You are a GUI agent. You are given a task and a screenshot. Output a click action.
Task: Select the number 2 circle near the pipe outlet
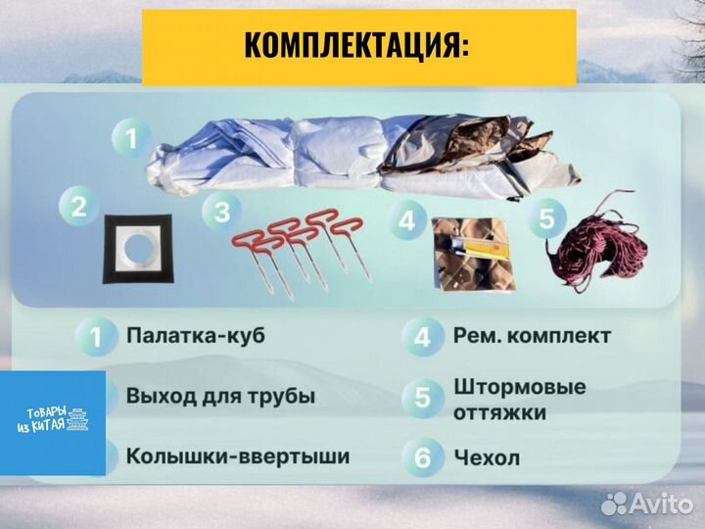tap(77, 207)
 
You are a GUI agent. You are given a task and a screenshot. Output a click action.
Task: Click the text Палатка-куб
tap(194, 335)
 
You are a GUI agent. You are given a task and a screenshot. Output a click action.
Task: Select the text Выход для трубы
tap(220, 396)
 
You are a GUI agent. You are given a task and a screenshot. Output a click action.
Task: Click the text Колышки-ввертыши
tap(237, 456)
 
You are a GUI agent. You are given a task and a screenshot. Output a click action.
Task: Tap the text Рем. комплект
tap(532, 335)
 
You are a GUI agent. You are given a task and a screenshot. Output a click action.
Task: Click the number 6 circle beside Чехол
tap(422, 457)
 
